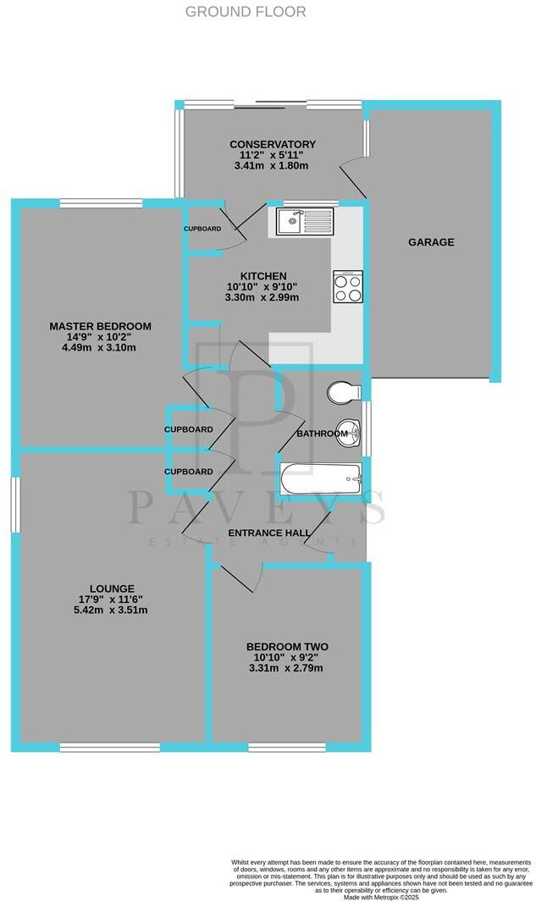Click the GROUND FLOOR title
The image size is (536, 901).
[x=246, y=12]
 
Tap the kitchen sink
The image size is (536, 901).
[x=305, y=223]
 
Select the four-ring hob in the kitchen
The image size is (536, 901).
[x=348, y=285]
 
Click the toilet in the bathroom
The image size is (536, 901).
[x=344, y=392]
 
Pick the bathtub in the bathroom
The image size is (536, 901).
[x=321, y=481]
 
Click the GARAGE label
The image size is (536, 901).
[x=431, y=242]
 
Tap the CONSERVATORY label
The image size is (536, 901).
[x=273, y=144]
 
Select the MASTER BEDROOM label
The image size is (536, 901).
[x=100, y=326]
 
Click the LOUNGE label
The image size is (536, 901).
[x=112, y=589]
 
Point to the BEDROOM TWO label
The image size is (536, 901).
[x=287, y=647]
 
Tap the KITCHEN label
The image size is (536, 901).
[x=263, y=276]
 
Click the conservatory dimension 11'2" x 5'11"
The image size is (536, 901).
[x=273, y=155]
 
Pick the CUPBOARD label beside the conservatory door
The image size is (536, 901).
[x=202, y=229]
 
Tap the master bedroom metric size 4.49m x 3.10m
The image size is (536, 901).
[x=100, y=347]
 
